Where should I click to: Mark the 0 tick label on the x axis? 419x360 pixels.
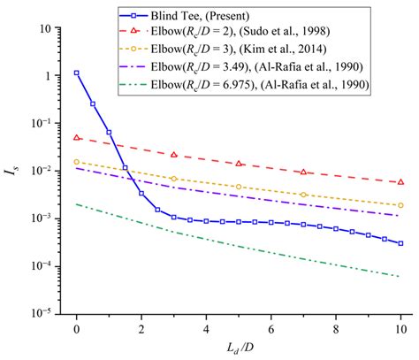(x=77, y=327)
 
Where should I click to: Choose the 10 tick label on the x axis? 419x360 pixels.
(x=400, y=327)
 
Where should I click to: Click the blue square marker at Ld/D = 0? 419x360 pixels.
(x=77, y=73)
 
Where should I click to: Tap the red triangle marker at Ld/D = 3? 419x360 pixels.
(x=174, y=155)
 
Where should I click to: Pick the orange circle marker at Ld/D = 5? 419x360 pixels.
(x=239, y=187)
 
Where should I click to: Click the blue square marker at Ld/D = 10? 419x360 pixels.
(x=400, y=243)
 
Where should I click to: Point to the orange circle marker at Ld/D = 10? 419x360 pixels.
(x=400, y=205)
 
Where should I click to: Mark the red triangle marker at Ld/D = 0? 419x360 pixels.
(x=77, y=138)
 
